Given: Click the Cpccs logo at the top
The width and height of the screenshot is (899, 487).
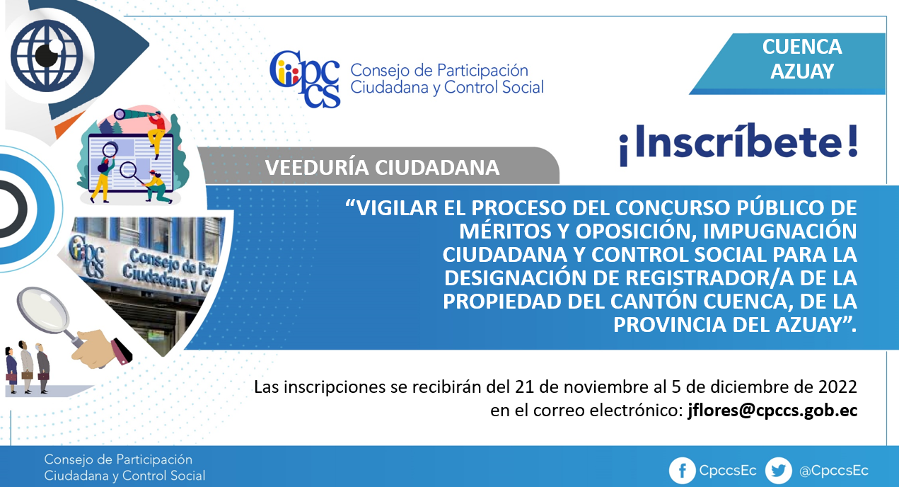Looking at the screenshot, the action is pos(305,79).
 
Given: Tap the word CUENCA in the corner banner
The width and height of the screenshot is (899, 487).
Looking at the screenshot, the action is pos(802,47).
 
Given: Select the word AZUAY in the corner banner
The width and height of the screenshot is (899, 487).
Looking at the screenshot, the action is pos(802,71).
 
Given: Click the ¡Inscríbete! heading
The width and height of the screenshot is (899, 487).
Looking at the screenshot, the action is pos(738,144).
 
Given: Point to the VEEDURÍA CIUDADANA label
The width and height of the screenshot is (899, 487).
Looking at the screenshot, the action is pos(382,168).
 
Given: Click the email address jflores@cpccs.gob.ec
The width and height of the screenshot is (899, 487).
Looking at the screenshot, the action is pos(772,411).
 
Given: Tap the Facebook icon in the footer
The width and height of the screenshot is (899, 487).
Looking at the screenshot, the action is pos(682,471).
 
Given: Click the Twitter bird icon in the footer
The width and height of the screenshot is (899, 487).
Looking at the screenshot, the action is pos(778,471).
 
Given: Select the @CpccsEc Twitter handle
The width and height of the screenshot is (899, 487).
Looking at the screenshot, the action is pos(834,471).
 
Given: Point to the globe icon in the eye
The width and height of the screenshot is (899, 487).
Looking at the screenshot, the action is pos(47,55).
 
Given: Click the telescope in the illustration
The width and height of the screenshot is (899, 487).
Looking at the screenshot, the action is pos(132,115).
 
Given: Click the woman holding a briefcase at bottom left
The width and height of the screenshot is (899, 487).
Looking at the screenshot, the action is pos(11,369).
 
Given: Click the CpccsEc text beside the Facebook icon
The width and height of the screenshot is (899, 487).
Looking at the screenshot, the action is pos(728,471).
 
